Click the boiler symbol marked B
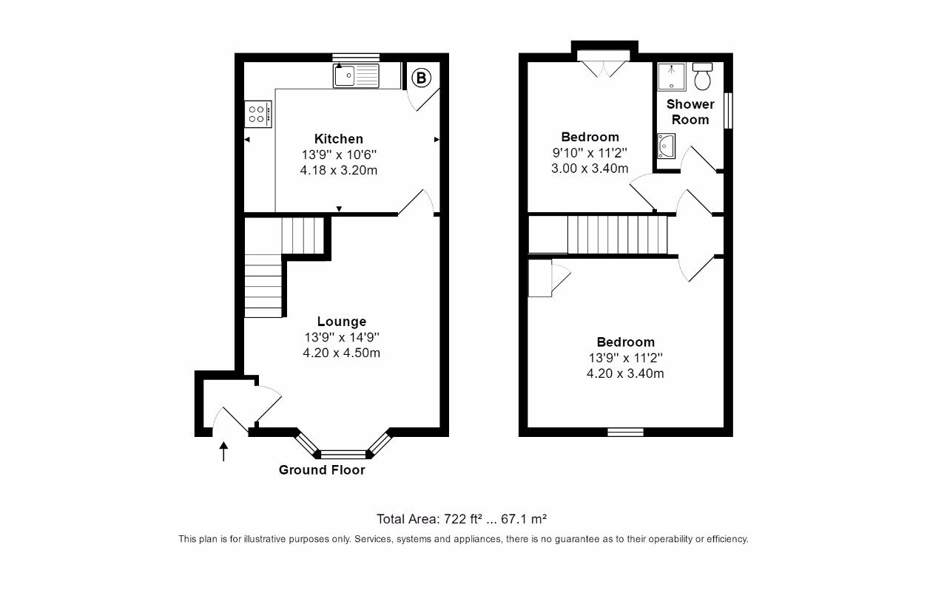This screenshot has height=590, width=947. [x=420, y=77]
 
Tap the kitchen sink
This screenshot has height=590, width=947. [x=356, y=75]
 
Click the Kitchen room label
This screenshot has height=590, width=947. [x=339, y=139]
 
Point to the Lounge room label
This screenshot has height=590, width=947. [x=342, y=322]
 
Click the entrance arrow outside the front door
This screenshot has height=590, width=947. [x=223, y=450]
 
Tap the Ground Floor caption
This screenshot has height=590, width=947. [x=322, y=469]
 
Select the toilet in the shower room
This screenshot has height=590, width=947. [x=703, y=76]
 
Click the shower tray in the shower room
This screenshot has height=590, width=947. [x=672, y=76]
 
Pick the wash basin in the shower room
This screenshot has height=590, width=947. [x=666, y=146]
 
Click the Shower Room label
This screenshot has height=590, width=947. [x=690, y=112]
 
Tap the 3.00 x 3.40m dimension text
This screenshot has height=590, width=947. [x=590, y=168]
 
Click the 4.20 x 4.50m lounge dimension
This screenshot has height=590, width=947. [x=342, y=353]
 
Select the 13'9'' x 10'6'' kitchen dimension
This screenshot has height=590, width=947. [x=339, y=155]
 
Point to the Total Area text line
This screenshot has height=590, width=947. [x=462, y=518]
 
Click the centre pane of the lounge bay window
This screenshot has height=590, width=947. [x=343, y=455]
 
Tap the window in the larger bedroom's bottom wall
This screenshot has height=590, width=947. [x=625, y=433]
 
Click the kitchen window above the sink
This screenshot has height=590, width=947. [x=356, y=57]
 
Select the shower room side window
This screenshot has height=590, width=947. [x=728, y=111]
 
